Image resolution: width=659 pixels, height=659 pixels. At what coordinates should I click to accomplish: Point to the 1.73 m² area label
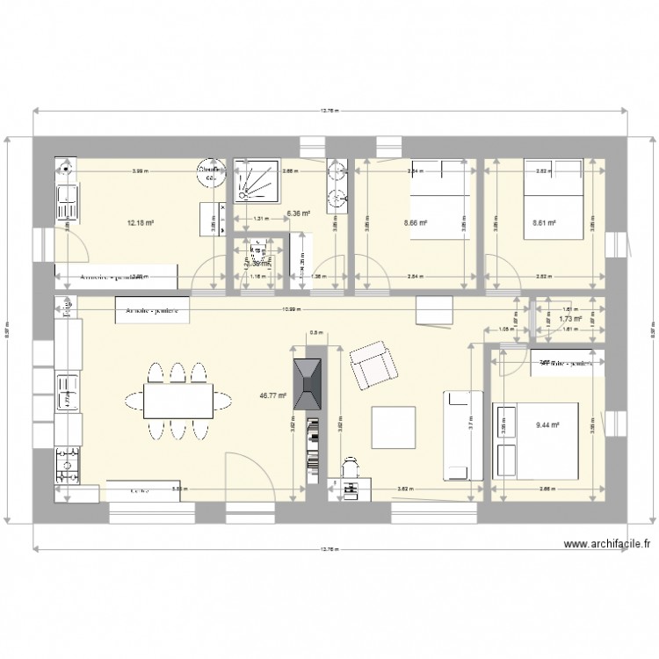pyautogui.click(x=571, y=319)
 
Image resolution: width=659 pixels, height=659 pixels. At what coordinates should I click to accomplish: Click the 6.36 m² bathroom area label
pyautogui.click(x=300, y=212)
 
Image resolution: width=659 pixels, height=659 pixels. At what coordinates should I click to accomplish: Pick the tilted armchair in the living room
pyautogui.click(x=373, y=366)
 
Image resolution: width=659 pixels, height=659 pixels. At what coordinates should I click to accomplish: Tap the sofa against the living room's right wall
pyautogui.click(x=462, y=435)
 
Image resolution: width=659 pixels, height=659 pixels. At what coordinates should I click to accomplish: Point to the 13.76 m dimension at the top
pyautogui.click(x=329, y=111)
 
